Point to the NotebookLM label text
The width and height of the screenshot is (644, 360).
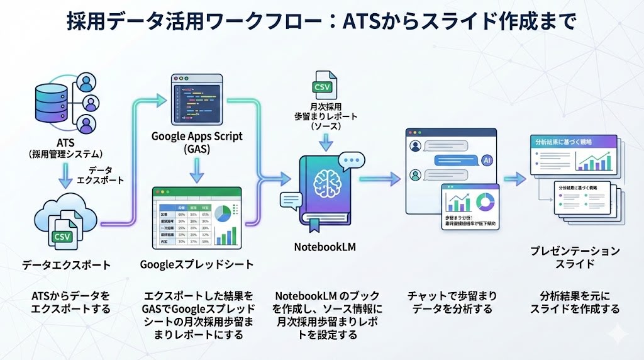(x=325, y=247)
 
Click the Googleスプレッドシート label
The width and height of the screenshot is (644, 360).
(x=197, y=264)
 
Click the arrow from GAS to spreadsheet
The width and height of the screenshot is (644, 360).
(x=197, y=169)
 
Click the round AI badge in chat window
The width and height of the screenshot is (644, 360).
(x=487, y=160)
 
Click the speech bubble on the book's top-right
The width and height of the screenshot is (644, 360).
(x=351, y=162)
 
